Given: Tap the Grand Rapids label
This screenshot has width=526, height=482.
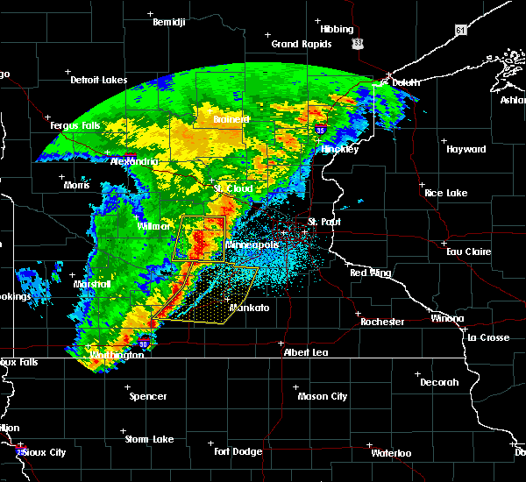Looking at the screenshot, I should pyautogui.click(x=302, y=44).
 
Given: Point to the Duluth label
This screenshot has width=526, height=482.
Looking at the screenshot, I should pyautogui.click(x=406, y=82).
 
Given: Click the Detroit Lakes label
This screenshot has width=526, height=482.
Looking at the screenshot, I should pyautogui.click(x=98, y=80).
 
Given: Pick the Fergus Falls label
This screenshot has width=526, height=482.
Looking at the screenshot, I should pyautogui.click(x=75, y=126).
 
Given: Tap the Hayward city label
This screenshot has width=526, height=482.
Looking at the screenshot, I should pyautogui.click(x=466, y=149).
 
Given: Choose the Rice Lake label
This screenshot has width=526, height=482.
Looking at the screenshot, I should pyautogui.click(x=445, y=192).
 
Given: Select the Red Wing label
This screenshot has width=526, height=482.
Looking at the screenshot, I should pyautogui.click(x=370, y=273).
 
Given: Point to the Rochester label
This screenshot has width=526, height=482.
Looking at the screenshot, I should pyautogui.click(x=383, y=322).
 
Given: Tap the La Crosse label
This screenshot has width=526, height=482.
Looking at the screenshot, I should pyautogui.click(x=488, y=337).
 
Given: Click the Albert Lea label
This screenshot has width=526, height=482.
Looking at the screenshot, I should pyautogui.click(x=305, y=351).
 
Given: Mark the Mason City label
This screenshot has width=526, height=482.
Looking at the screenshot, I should pyautogui.click(x=323, y=396).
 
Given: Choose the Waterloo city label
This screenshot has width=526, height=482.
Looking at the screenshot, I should pyautogui.click(x=390, y=453).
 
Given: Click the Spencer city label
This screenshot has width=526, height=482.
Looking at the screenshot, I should pyautogui.click(x=148, y=396).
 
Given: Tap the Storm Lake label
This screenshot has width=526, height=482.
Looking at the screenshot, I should pyautogui.click(x=148, y=438).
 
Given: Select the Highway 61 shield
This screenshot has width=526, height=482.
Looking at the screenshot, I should pyautogui.click(x=460, y=30).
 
